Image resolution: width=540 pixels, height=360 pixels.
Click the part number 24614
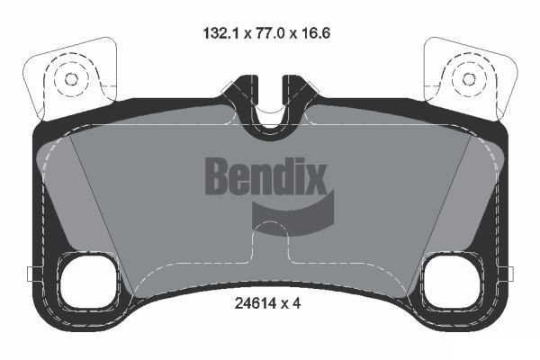pos(256,303)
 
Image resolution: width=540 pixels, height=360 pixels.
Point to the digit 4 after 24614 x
pos(296,303)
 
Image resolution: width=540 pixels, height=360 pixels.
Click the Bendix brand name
pos(265,175)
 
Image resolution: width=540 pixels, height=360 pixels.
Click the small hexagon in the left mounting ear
pos(72,79)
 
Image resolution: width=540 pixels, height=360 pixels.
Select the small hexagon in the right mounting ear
pos(468,79)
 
